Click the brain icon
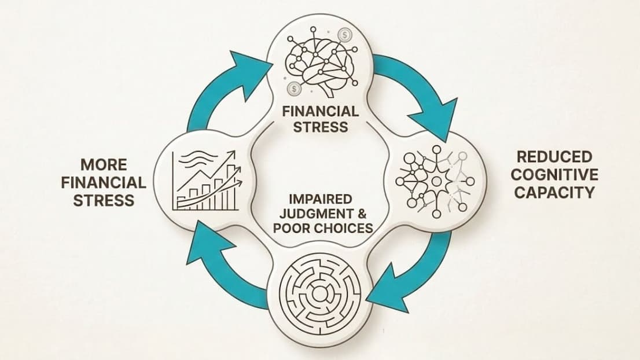pos(321,64)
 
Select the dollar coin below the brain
pos(295,89)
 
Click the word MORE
pos(104,164)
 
